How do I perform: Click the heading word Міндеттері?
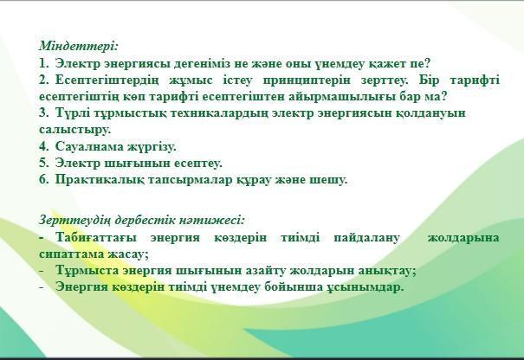[x=79, y=46]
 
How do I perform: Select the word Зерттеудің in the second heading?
[x=74, y=220]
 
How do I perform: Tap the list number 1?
[x=44, y=63]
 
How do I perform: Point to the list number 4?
[x=44, y=146]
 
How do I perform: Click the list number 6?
[x=44, y=179]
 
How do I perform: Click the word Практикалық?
[x=100, y=180]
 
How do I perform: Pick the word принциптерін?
[x=307, y=80]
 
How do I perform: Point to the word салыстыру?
[x=74, y=130]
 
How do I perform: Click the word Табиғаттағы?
[x=96, y=237]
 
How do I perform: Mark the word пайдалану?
[x=366, y=238]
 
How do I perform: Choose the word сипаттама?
[x=72, y=254]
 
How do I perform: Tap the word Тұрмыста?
[x=87, y=270]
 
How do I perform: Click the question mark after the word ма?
[x=443, y=96]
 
